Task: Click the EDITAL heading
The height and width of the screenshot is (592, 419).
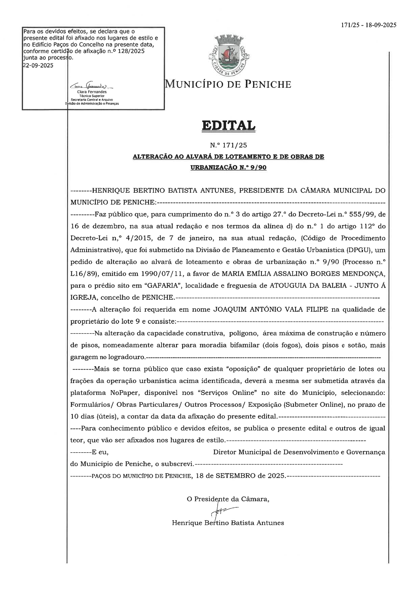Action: tap(228, 126)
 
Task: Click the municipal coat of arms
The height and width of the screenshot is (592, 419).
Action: tap(229, 55)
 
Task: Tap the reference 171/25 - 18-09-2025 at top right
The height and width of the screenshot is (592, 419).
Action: tap(369, 25)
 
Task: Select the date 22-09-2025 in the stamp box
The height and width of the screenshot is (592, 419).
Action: tap(38, 65)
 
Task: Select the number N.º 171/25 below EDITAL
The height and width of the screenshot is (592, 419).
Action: tap(228, 145)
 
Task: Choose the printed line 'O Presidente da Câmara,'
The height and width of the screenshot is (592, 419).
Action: tap(228, 499)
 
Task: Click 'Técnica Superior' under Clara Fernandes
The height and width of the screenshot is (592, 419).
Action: tap(92, 96)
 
